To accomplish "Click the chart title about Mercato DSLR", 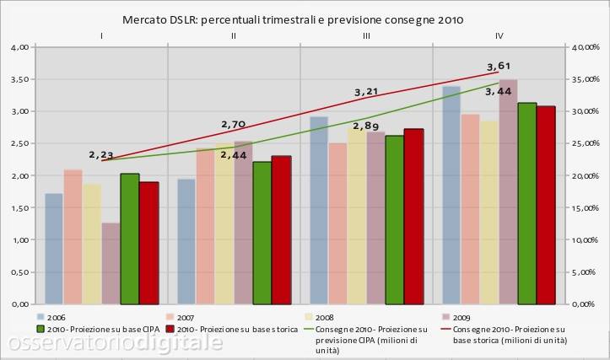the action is click(293, 20).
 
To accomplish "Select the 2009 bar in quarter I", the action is click(111, 264).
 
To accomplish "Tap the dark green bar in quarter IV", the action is click(527, 204).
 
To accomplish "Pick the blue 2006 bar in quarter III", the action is click(319, 210).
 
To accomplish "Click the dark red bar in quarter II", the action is click(281, 230).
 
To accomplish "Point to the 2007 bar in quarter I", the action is click(73, 237).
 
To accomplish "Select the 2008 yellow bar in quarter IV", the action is click(489, 212).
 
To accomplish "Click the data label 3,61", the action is click(499, 66).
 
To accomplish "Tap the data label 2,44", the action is click(234, 155).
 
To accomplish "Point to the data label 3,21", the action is click(366, 92).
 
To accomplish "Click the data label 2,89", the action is click(366, 126).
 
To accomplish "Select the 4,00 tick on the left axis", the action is click(20, 47).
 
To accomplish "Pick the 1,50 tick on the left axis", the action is click(20, 208).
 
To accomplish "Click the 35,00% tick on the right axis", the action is click(586, 79).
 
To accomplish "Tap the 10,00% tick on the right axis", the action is click(586, 240).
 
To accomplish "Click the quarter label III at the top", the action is click(366, 36).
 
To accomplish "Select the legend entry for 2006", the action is click(51, 317).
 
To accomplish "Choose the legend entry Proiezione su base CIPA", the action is click(98, 330).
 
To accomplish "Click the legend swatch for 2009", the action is click(445, 317).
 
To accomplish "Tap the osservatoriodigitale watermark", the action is click(116, 342).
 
